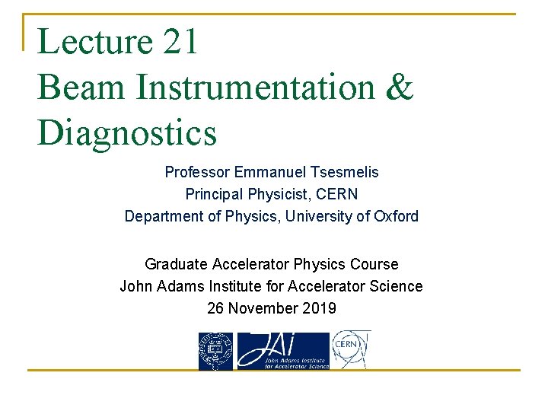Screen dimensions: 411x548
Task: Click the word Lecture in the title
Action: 94,41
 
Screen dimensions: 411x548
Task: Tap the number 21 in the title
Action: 180,41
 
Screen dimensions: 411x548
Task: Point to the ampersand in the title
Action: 400,87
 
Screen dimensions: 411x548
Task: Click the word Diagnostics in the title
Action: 127,132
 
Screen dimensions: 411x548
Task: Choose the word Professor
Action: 196,173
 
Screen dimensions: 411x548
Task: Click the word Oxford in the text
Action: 396,217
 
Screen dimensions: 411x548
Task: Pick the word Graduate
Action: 176,265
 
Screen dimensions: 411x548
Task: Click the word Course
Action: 374,265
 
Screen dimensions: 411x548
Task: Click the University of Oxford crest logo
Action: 215,351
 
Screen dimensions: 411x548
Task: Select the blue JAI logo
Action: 282,351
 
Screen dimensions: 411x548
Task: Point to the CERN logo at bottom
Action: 352,350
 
